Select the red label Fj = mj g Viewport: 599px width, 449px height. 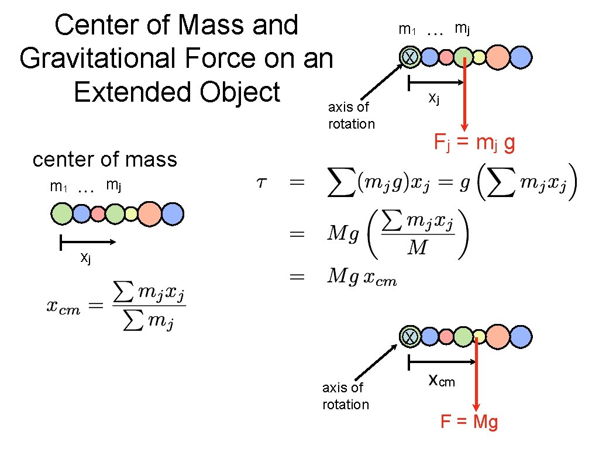474,141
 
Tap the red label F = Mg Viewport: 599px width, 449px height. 469,422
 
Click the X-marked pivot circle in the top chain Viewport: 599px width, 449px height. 410,57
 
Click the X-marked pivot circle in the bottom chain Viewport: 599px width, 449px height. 410,337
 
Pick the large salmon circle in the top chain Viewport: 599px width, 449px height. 498,57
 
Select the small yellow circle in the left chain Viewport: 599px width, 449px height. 131,214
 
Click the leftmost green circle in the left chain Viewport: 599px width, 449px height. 62,214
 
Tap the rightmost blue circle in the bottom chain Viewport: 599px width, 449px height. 520,337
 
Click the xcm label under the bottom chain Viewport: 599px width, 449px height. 442,381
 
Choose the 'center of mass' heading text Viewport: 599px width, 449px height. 105,159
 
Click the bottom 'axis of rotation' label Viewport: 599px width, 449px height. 345,396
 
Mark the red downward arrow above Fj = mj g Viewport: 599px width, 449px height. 464,94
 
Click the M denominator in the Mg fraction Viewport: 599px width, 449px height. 417,248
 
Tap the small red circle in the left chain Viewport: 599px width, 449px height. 98,214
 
